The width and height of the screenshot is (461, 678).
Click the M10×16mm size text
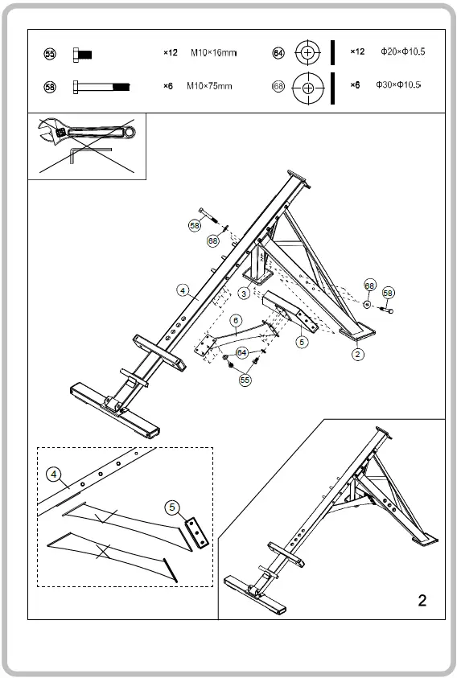pos(213,53)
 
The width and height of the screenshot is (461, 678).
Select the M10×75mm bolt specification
pos(209,85)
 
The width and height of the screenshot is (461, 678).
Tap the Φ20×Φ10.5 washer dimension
pos(402,51)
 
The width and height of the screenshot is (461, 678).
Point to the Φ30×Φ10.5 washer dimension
pos(398,84)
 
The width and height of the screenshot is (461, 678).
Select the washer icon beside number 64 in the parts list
pos(307,53)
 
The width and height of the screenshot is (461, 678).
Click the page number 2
pos(422,600)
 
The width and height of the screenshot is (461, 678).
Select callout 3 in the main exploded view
pos(243,294)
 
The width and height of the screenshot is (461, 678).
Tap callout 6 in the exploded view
pos(235,319)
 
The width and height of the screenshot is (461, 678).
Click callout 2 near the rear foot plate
pos(357,352)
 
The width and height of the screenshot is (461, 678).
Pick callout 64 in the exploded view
pos(241,352)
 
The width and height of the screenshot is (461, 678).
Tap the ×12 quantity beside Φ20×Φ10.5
pos(357,51)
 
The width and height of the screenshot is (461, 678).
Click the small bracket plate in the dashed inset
pos(197,532)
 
